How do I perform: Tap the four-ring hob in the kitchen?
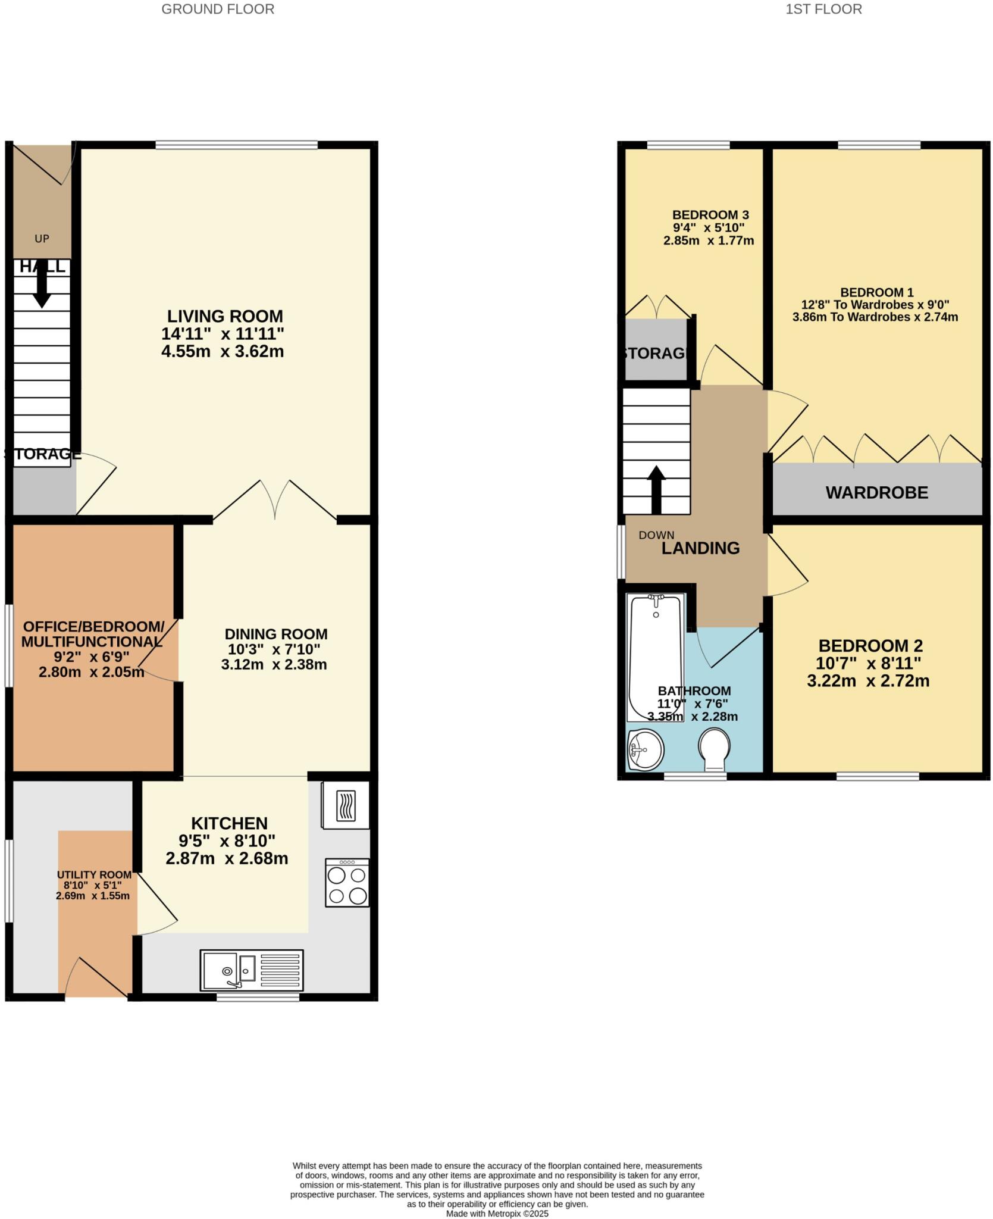click(347, 883)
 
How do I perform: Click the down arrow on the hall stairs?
click(42, 287)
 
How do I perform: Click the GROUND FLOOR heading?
click(218, 9)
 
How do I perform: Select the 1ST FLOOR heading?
click(823, 9)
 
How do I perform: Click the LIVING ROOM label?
click(224, 316)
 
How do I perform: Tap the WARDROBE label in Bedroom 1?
click(876, 492)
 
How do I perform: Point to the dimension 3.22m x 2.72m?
click(868, 681)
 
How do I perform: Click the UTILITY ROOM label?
click(94, 874)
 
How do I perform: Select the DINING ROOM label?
click(276, 634)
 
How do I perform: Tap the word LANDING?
click(700, 548)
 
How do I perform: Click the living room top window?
click(236, 144)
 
